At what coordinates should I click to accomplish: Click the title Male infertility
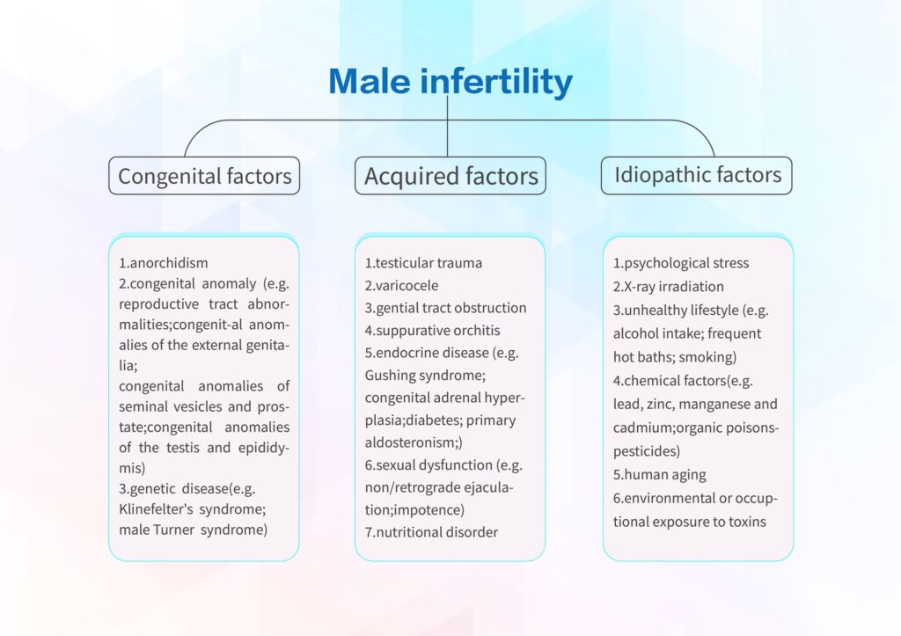[450, 81]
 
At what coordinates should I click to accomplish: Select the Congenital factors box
[204, 176]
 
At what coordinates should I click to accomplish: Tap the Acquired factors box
[450, 176]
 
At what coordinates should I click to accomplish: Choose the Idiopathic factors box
[697, 176]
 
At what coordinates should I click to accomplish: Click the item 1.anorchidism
[163, 263]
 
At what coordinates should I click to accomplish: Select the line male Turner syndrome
[193, 530]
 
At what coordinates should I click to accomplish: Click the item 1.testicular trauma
[423, 263]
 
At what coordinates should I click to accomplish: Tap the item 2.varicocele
[401, 286]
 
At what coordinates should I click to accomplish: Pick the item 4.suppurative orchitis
[432, 331]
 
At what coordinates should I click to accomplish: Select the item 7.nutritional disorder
[431, 532]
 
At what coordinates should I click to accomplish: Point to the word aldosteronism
[411, 442]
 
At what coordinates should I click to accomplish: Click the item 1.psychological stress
[681, 263]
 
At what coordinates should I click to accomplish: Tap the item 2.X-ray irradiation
[669, 287]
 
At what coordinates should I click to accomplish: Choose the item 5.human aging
[659, 475]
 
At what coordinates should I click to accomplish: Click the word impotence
[436, 510]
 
